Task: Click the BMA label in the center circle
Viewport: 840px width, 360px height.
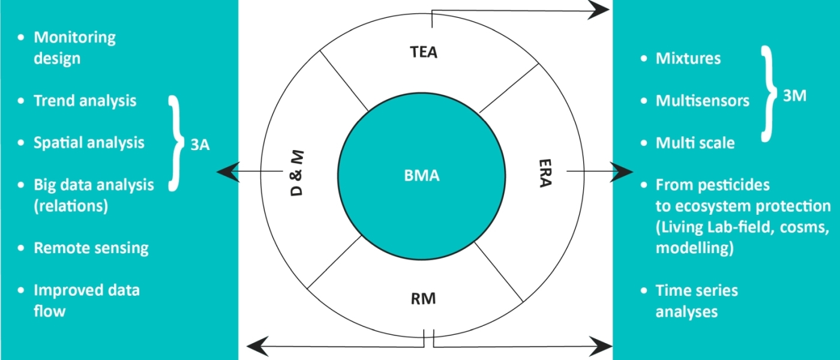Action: [422, 176]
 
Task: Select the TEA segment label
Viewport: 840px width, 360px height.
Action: [424, 52]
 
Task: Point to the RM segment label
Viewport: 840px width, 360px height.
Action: [424, 297]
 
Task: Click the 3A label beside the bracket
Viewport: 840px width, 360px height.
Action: [200, 145]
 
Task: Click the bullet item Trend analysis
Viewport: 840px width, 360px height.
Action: [85, 100]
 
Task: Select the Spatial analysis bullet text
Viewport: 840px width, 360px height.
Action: [89, 142]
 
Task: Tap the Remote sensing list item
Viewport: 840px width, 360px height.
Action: [91, 248]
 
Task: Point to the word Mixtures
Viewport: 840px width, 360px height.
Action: [688, 58]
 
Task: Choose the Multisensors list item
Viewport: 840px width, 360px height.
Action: [703, 100]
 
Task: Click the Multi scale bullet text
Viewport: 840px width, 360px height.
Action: [695, 143]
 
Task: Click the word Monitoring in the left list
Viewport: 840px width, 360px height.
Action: [74, 37]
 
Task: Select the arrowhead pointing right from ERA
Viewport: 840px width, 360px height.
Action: [622, 172]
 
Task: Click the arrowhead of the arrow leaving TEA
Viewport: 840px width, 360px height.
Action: [599, 10]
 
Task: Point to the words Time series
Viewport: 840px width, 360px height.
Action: [697, 291]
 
